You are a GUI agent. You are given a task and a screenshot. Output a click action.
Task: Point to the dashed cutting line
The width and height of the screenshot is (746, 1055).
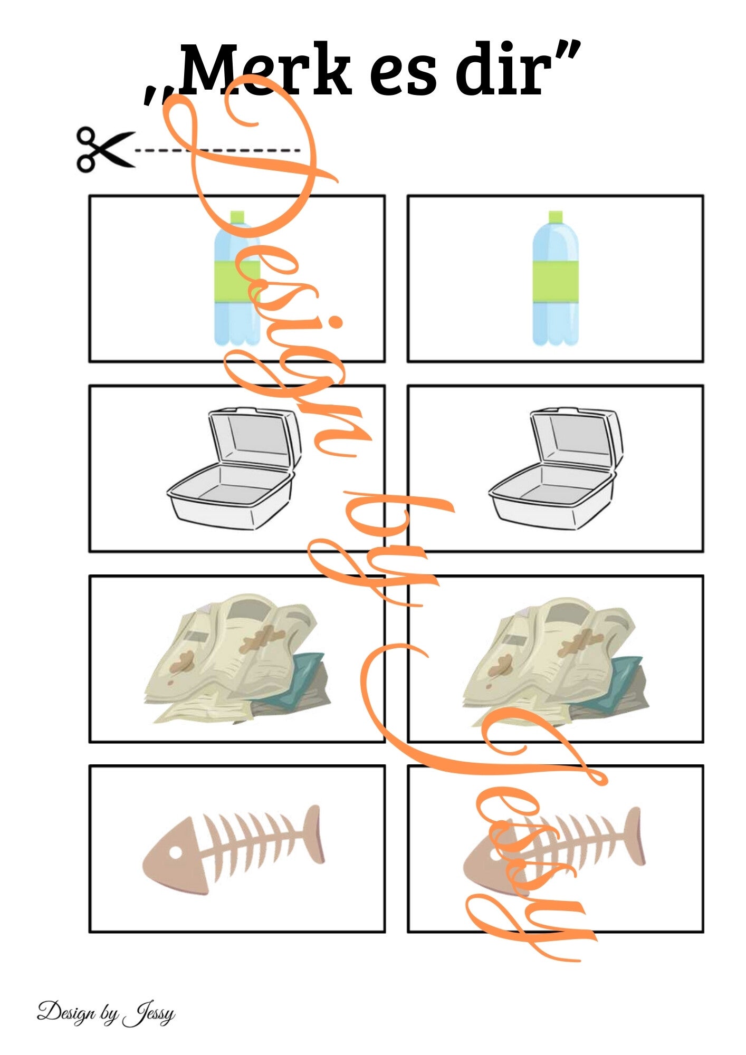coord(217,150)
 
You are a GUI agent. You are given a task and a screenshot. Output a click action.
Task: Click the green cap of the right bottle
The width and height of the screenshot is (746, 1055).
coord(556,217)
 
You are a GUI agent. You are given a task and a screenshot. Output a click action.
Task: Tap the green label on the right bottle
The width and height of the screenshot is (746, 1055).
coord(556,282)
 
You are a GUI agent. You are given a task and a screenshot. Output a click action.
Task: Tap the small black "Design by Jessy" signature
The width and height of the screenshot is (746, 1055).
coord(106,1012)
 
